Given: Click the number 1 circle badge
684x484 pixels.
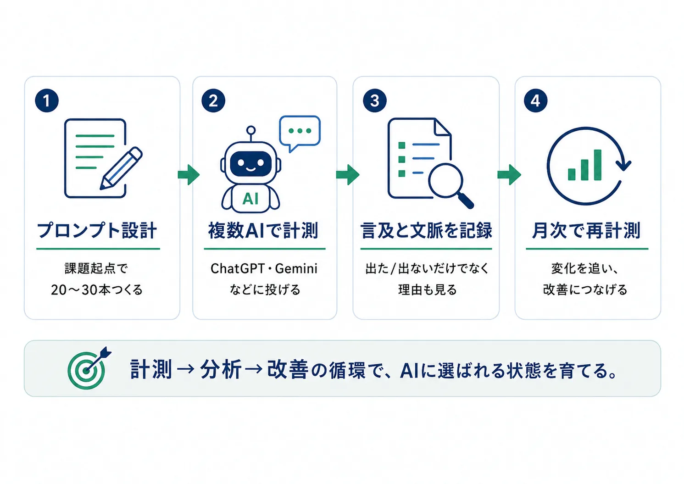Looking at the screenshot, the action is (47, 100).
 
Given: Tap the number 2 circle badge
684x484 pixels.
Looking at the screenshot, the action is (213, 100).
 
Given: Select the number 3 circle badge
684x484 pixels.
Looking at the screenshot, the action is (375, 100).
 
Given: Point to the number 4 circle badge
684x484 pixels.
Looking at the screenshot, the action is (536, 100).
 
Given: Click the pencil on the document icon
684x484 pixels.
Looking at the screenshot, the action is (121, 168).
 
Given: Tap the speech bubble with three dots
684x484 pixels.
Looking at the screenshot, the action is (300, 133).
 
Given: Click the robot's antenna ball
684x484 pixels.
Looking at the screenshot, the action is (250, 130).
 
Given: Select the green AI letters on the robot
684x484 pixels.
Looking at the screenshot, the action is (250, 199).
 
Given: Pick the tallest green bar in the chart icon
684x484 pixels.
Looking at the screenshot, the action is (597, 165).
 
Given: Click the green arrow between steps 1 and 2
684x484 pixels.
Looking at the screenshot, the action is (189, 175).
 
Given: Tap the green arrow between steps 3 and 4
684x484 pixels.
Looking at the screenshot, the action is (509, 175).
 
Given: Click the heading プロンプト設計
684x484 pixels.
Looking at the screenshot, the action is (97, 230).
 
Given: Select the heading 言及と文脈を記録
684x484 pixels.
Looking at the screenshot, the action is (426, 230).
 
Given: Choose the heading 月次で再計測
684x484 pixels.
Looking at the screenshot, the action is (586, 230).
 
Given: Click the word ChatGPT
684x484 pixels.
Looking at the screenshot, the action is (238, 269).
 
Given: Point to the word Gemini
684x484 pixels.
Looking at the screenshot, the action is (296, 269).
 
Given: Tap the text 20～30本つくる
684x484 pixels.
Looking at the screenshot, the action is (97, 290).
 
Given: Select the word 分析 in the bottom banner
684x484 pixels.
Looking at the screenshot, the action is (221, 369).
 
